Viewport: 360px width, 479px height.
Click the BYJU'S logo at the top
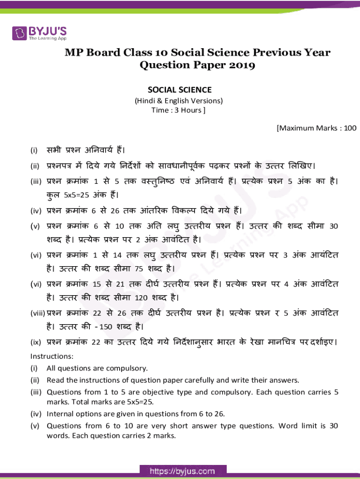[x=40, y=33]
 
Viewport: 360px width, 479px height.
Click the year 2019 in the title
[x=241, y=65]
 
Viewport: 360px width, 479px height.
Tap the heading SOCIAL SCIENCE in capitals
[x=180, y=89]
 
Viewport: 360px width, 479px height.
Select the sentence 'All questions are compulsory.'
[x=97, y=368]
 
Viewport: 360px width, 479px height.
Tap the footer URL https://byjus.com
[x=182, y=471]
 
